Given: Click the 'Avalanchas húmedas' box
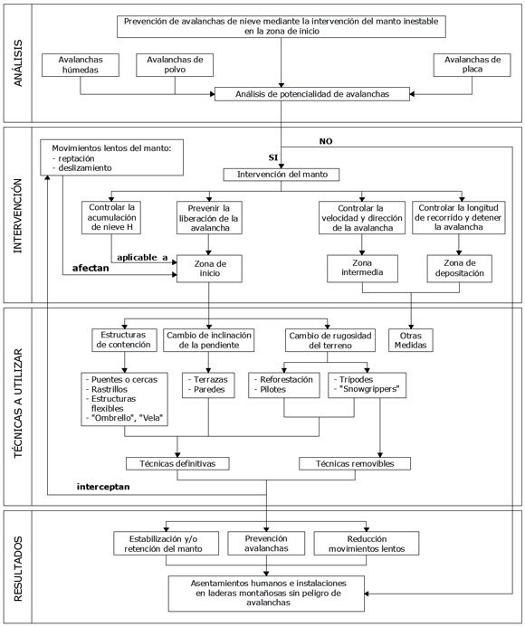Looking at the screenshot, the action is (81, 65).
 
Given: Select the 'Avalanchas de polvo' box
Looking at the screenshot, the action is (175, 65).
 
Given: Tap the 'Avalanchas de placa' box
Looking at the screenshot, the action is (472, 65).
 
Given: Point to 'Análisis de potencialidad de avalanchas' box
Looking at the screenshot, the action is (312, 94).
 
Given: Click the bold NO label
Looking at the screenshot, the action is (326, 141).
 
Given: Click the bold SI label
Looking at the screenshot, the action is (272, 157).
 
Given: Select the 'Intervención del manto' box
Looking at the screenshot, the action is (282, 175).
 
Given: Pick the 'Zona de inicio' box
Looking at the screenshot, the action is (210, 269).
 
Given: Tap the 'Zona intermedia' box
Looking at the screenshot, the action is (362, 269).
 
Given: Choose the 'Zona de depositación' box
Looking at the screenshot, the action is (460, 269).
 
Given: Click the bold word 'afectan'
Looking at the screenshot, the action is (91, 268).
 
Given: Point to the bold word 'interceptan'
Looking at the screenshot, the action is (103, 487).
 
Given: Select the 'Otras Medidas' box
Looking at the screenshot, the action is (411, 340).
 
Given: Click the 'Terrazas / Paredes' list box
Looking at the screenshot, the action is (208, 385).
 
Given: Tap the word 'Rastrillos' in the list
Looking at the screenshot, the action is (110, 389).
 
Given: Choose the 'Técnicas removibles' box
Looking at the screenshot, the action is (355, 464).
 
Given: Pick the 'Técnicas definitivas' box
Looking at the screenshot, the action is (177, 464).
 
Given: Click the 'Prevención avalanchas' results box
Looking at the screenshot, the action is (266, 544).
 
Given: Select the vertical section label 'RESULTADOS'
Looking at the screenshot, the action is (18, 568).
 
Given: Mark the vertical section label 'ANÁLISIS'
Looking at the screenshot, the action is (18, 63).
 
